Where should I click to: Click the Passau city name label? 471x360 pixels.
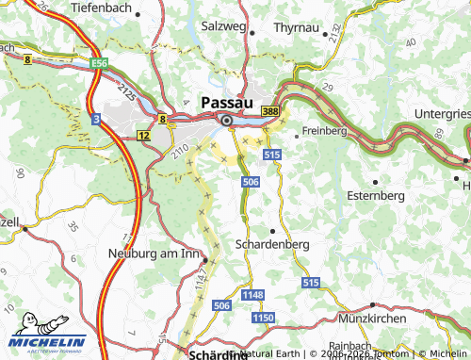tap(227, 101)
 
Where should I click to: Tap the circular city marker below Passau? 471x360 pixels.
tap(226, 121)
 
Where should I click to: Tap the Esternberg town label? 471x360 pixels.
tap(375, 195)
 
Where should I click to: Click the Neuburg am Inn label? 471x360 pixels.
tap(156, 253)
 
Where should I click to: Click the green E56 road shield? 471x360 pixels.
tap(101, 62)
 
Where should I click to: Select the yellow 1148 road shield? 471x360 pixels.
tap(252, 295)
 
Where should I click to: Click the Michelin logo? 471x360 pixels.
tap(49, 339)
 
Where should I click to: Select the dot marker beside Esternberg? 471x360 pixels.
tap(375, 181)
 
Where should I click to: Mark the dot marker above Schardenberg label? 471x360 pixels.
tap(273, 230)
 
